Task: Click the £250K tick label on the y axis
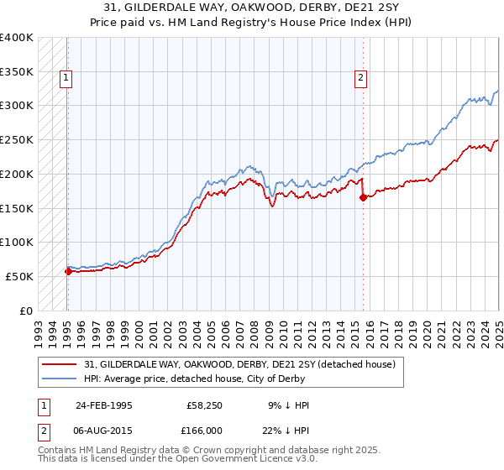pyautogui.click(x=17, y=139)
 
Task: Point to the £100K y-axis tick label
pyautogui.click(x=17, y=242)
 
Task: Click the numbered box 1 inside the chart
pyautogui.click(x=66, y=79)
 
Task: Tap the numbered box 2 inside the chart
pyautogui.click(x=360, y=79)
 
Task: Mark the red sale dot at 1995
pyautogui.click(x=68, y=270)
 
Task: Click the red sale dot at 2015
pyautogui.click(x=363, y=197)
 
